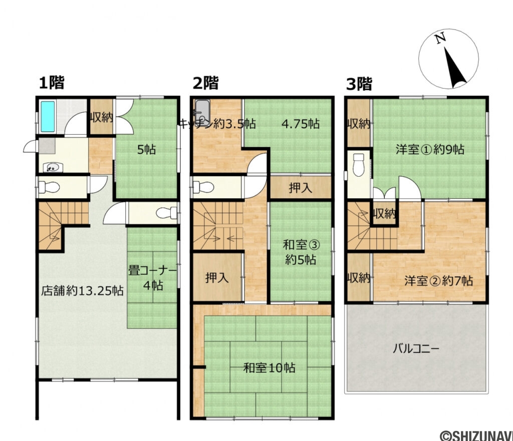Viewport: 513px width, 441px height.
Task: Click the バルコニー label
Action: pos(416,348)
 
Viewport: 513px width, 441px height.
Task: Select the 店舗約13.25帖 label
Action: pos(83,291)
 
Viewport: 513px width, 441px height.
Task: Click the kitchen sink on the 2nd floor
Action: pos(202,109)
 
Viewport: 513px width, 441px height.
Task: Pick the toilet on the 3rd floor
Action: pos(359,163)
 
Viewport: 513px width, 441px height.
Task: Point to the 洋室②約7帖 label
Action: pos(438,281)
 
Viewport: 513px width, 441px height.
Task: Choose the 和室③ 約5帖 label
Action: pos(299,252)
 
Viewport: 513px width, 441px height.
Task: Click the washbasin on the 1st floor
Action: pos(50,168)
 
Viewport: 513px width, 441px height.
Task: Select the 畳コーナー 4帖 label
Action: pos(152,277)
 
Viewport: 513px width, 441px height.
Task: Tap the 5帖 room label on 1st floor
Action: pos(147,149)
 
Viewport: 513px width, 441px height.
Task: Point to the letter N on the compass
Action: pos(440,39)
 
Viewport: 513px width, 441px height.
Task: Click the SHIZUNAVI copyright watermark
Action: pos(475,434)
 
